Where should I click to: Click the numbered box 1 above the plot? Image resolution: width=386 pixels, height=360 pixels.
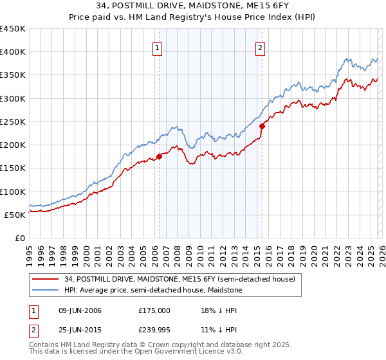(158, 47)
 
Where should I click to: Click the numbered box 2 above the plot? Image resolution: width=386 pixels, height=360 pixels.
(261, 47)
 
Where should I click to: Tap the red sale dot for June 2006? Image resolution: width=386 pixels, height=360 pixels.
(159, 156)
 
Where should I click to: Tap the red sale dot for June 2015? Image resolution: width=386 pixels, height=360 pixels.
(262, 127)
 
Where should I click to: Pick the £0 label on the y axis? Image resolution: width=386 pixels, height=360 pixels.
(21, 238)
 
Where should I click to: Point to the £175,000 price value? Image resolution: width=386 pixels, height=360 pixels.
(154, 310)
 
